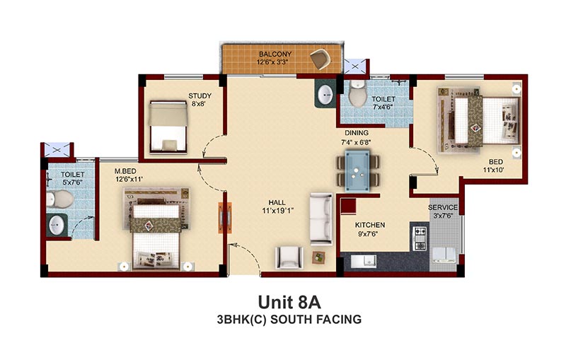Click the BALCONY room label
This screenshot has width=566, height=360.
[275, 54]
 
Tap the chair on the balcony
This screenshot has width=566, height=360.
[320, 59]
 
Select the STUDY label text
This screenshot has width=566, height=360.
[200, 96]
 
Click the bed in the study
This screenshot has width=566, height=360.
[168, 127]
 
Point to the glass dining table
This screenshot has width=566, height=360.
[357, 170]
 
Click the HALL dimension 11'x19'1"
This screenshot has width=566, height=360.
[277, 211]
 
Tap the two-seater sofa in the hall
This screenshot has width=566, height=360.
[321, 219]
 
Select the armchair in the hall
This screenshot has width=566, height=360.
[289, 257]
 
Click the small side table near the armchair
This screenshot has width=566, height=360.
[318, 257]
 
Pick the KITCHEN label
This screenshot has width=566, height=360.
[370, 225]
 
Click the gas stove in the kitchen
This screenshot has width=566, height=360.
[420, 238]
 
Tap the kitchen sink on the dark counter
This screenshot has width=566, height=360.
[364, 261]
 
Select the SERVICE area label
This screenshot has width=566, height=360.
[443, 208]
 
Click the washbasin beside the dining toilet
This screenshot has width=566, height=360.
[326, 95]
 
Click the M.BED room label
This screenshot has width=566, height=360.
[125, 171]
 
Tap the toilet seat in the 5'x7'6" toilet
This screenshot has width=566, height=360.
[60, 199]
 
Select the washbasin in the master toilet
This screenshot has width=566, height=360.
[57, 226]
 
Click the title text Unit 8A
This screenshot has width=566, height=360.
[289, 302]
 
